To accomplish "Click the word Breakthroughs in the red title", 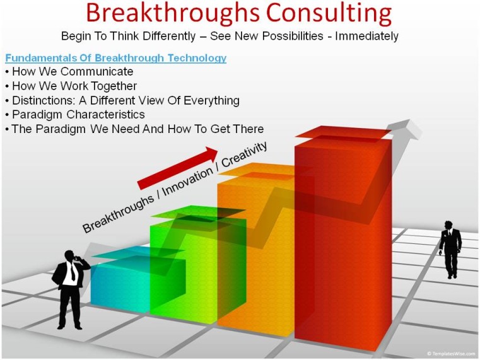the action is point(173,13).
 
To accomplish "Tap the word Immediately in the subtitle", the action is point(366,36).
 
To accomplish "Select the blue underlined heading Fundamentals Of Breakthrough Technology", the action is point(115,58).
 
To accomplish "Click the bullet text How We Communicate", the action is point(73,72).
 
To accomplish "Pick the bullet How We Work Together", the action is point(74,86).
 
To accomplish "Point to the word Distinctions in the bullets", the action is point(43,100).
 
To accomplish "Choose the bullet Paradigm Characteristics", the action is point(78,115).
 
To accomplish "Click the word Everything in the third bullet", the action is point(211,101).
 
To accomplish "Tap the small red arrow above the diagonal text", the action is point(177,168).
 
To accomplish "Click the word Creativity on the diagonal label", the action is point(244,154).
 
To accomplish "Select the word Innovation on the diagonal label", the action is point(187,182).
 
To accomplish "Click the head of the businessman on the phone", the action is point(69,256).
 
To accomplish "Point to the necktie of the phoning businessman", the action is point(73,272).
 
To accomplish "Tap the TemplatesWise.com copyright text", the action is point(451,354).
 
